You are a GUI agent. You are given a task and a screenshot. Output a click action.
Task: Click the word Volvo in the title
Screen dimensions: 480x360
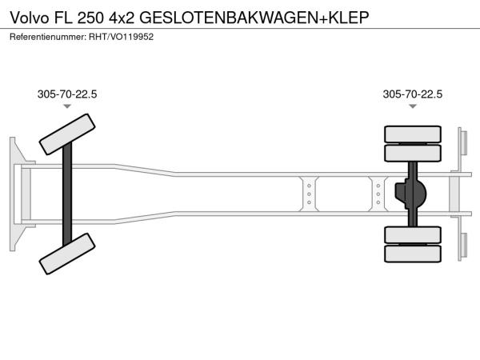30,18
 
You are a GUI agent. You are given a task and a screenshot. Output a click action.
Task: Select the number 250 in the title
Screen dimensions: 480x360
90,18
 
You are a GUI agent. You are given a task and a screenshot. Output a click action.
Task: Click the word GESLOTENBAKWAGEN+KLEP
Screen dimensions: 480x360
254,18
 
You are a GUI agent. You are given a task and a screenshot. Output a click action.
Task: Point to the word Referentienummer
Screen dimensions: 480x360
48,37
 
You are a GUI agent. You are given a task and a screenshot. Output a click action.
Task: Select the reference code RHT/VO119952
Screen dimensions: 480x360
122,37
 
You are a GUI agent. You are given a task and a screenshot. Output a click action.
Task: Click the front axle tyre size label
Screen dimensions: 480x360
67,94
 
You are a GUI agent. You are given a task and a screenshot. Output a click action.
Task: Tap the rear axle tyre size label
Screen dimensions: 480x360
412,94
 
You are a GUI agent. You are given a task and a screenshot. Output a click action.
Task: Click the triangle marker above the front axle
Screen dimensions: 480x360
67,106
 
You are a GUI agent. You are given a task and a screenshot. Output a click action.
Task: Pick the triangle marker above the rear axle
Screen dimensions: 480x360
413,106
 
